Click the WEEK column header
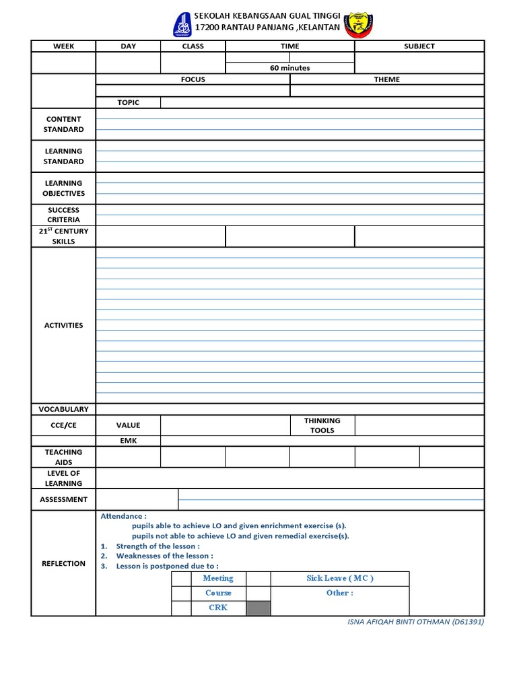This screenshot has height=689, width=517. click(x=63, y=46)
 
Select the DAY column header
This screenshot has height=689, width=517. click(x=128, y=46)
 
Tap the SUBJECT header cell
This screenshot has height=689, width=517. click(x=419, y=46)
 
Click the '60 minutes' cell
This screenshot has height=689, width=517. click(x=289, y=68)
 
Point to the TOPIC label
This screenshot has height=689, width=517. click(x=128, y=103)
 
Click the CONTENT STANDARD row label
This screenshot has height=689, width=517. click(x=63, y=124)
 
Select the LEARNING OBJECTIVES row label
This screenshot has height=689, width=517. click(x=63, y=188)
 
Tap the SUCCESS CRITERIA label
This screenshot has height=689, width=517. click(x=63, y=215)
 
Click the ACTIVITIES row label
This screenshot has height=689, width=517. click(x=63, y=325)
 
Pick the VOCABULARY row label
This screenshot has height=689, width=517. click(x=63, y=409)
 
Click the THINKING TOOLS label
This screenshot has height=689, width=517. click(x=322, y=425)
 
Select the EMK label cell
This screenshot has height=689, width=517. click(x=128, y=441)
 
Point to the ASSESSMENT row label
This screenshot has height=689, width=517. click(x=63, y=499)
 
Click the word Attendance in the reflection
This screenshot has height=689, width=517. click(x=123, y=516)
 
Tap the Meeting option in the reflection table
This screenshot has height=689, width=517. click(x=218, y=578)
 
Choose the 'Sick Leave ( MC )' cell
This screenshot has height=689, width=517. click(x=339, y=578)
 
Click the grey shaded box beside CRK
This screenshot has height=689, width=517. click(x=258, y=608)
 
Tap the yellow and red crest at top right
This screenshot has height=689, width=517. click(x=358, y=25)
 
